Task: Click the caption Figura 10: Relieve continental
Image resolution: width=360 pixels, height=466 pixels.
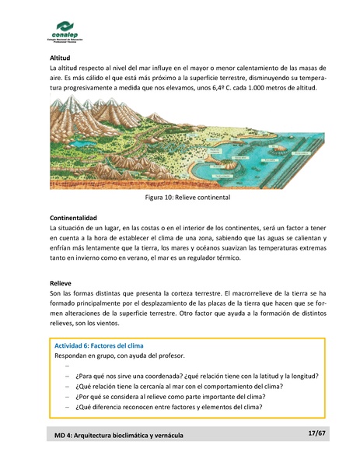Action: [181, 198]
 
